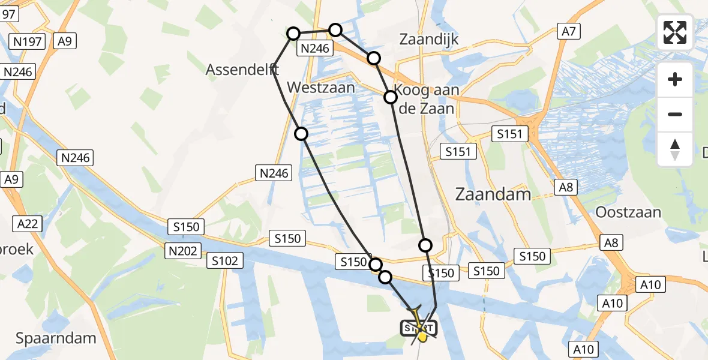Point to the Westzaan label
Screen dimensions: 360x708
321,88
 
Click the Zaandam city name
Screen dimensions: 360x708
493,194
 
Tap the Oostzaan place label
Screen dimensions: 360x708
628,212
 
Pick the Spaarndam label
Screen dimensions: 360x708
56,338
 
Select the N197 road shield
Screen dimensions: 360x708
28,41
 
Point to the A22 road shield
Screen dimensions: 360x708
27,224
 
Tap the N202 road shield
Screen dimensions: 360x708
183,251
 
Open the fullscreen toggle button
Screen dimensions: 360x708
675,32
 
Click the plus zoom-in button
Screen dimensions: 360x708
675,79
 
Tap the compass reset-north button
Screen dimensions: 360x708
675,149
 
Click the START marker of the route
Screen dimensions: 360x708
418,329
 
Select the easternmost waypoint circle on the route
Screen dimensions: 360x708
425,245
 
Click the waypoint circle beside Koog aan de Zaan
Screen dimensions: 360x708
391,97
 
